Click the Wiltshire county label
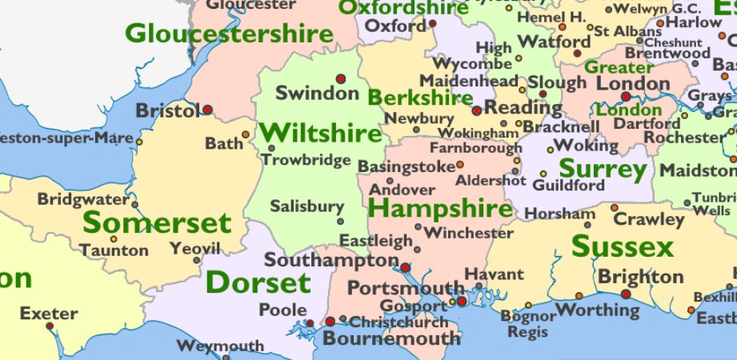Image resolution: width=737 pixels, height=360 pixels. (320, 132)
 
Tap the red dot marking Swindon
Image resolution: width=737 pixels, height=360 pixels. (341, 78)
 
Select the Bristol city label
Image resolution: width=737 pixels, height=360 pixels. (166, 110)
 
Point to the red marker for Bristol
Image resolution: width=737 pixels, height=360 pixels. (208, 110)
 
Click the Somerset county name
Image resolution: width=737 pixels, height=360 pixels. (157, 223)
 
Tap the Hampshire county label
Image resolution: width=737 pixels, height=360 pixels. (441, 210)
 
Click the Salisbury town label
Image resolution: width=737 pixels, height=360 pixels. (306, 206)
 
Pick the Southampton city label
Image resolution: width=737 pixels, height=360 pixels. (330, 260)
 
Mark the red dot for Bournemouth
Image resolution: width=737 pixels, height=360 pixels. (330, 322)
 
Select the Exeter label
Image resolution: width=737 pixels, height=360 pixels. (49, 313)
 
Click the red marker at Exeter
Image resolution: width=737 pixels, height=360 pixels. (50, 326)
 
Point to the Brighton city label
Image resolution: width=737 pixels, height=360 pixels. (640, 277)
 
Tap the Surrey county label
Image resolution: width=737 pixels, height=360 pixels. (603, 169)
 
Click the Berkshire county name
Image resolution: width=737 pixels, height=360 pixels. (420, 98)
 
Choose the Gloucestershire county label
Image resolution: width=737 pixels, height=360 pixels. (229, 34)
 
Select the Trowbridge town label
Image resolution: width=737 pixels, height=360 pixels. (306, 160)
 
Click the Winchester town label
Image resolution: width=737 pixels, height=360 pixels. (469, 234)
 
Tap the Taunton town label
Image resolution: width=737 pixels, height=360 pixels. (114, 250)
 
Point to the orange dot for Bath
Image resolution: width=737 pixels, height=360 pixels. (245, 134)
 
